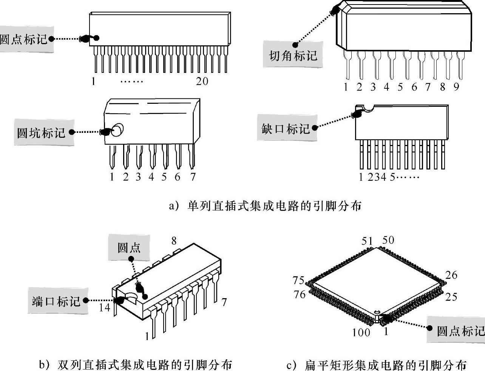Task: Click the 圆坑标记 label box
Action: (44, 132)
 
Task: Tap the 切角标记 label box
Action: (293, 54)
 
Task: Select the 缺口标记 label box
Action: (287, 128)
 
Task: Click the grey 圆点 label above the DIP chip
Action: (129, 247)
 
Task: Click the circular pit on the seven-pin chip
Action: (117, 130)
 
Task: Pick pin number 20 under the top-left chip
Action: (202, 82)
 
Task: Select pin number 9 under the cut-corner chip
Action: (456, 87)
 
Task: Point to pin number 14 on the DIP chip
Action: (105, 308)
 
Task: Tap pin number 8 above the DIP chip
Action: (174, 241)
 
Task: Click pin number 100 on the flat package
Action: (361, 333)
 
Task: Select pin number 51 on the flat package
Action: (367, 241)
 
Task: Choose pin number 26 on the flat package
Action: (451, 275)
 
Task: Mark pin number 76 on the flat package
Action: (300, 294)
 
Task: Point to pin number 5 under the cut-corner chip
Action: (400, 87)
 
